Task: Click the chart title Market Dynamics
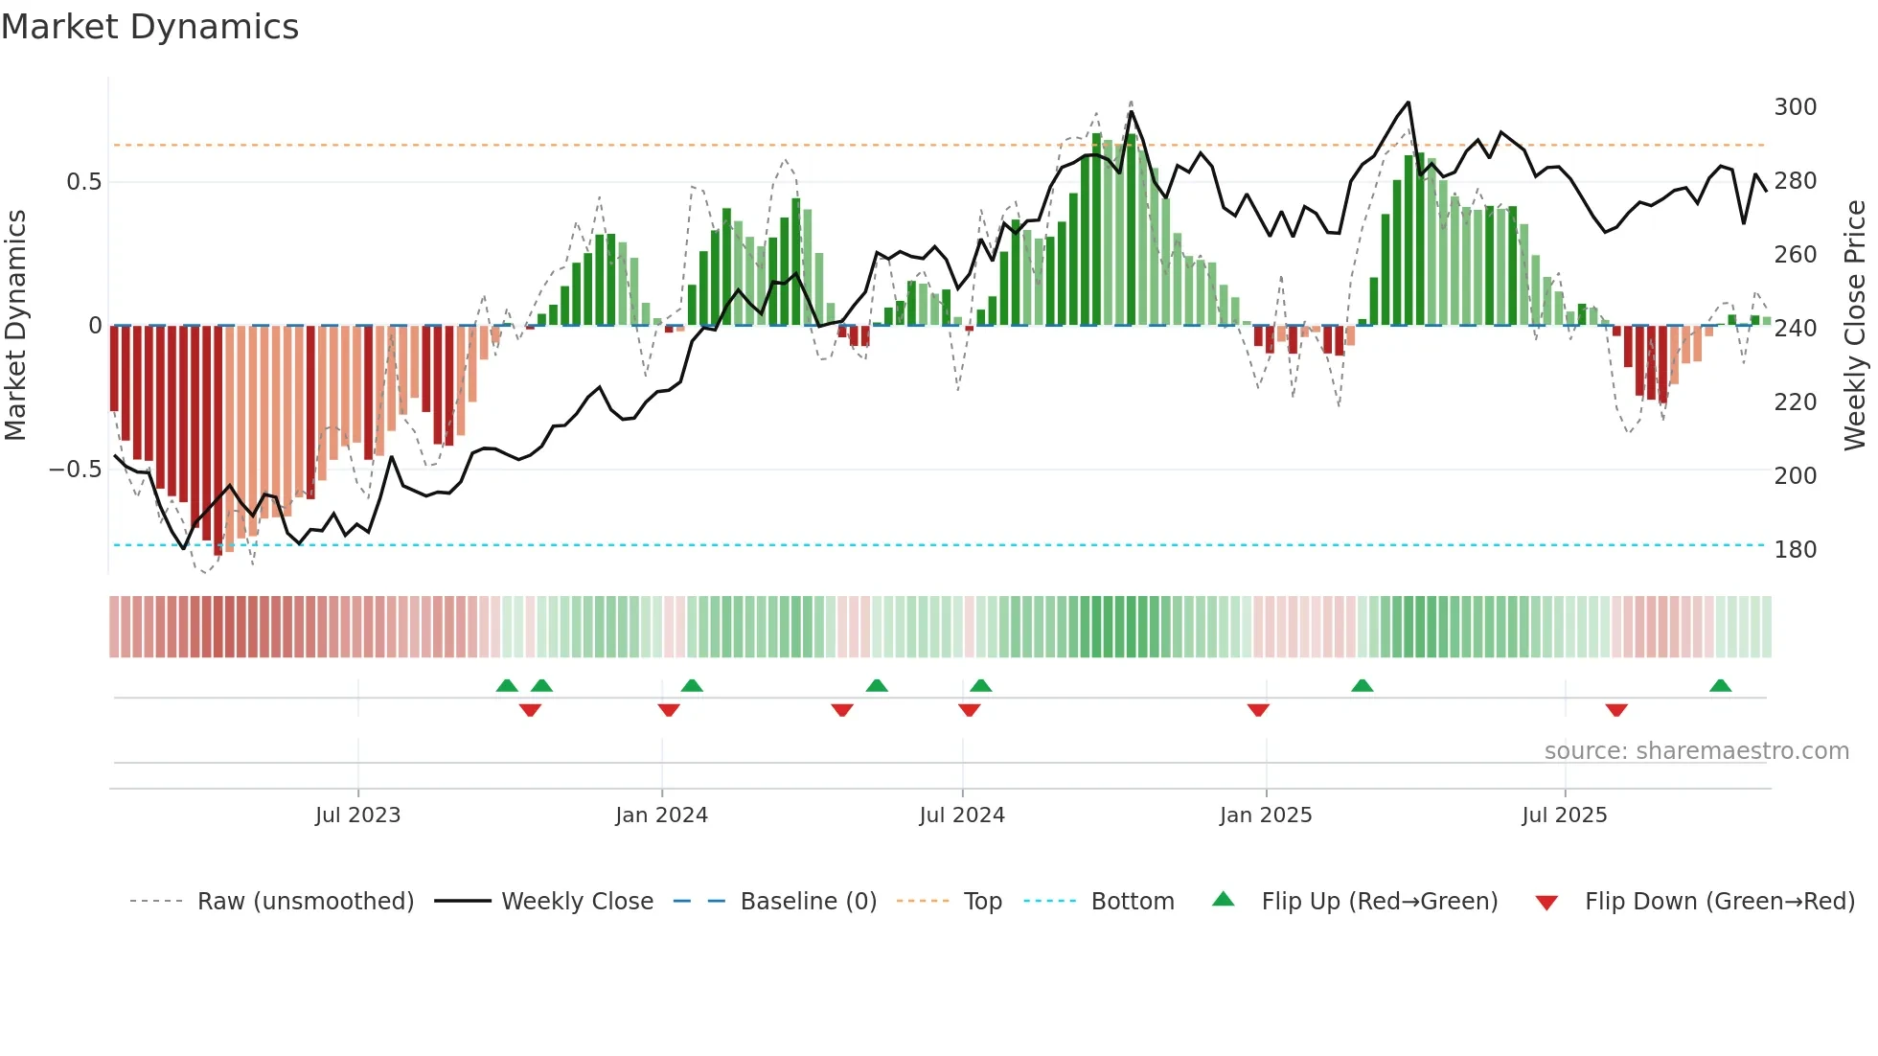[x=149, y=27]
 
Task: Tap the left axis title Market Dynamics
[x=15, y=325]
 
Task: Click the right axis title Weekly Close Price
[x=1855, y=325]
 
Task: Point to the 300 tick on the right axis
[x=1795, y=106]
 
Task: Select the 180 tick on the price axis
[x=1795, y=549]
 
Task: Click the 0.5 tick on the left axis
[x=83, y=182]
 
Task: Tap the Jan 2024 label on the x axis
[x=661, y=815]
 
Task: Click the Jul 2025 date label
[x=1564, y=815]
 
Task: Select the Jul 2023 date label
[x=357, y=815]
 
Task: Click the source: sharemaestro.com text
[x=1696, y=751]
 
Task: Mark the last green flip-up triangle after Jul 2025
[x=1720, y=685]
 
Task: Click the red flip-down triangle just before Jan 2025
[x=1258, y=710]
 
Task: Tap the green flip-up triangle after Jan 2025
[x=1362, y=685]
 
